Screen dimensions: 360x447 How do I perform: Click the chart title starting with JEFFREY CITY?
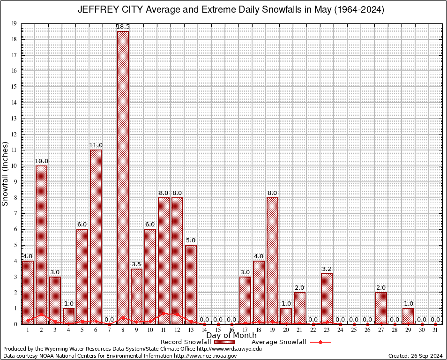[230, 10]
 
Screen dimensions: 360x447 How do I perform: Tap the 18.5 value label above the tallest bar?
[123, 27]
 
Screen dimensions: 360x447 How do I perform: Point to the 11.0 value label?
[96, 145]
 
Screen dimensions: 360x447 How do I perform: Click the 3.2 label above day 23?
[327, 269]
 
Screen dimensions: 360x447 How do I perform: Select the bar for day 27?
[381, 308]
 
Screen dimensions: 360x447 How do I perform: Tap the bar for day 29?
[408, 316]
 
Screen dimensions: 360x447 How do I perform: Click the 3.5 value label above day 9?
[136, 264]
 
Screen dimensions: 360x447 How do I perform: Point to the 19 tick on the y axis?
[14, 23]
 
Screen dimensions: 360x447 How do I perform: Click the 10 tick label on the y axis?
[14, 166]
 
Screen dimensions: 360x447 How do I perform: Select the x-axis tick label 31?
[435, 330]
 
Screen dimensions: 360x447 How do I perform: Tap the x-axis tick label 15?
[218, 330]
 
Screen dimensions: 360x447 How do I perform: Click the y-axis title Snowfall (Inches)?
[6, 173]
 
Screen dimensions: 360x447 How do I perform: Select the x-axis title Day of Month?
[231, 335]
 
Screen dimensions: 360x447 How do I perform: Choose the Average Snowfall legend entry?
[291, 342]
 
